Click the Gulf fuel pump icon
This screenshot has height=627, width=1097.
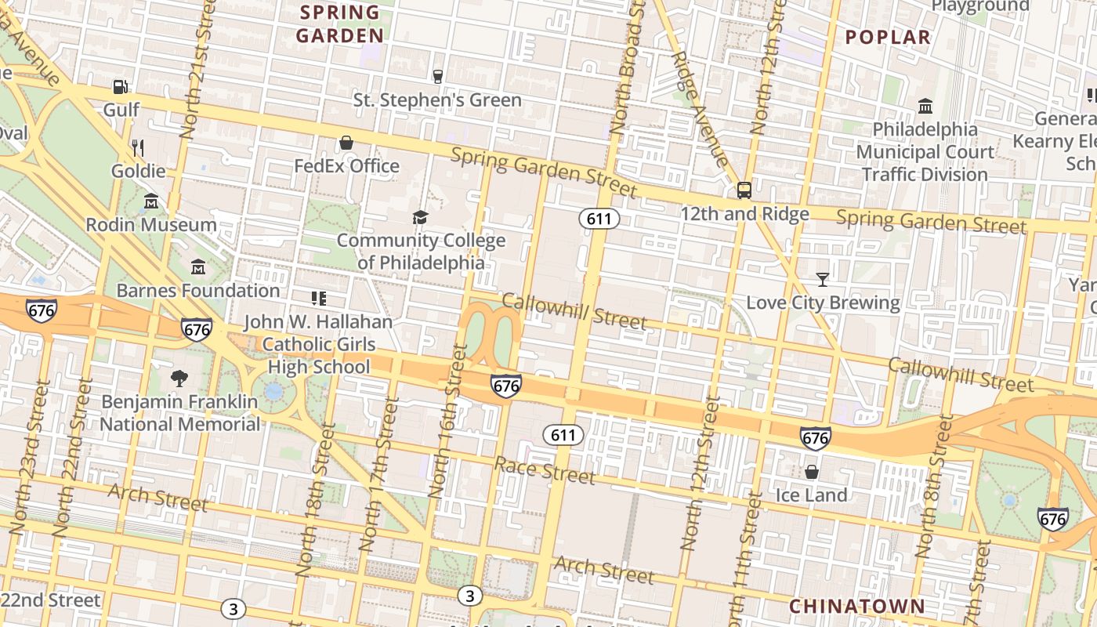click(120, 87)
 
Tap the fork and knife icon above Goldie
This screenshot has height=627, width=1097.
click(138, 147)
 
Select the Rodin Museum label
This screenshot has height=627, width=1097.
click(151, 225)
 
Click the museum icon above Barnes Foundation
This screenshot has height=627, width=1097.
click(198, 267)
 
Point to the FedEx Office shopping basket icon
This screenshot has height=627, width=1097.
click(346, 143)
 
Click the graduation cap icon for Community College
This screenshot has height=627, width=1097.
click(421, 217)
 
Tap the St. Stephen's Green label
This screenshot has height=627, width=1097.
click(437, 100)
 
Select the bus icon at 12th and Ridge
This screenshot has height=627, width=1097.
click(744, 190)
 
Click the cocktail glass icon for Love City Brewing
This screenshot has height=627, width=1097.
click(822, 279)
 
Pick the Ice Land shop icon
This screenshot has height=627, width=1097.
click(811, 472)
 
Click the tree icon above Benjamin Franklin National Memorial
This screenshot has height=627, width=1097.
click(179, 379)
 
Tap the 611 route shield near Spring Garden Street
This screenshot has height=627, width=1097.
click(599, 219)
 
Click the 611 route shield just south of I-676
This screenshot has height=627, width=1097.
click(563, 435)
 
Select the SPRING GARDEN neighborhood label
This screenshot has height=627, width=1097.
click(340, 24)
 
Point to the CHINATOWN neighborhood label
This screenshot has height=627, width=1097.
click(856, 606)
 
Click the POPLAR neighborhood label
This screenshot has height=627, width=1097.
click(888, 37)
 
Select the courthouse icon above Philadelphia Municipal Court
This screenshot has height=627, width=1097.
click(925, 106)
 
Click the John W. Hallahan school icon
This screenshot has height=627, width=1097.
click(318, 298)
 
